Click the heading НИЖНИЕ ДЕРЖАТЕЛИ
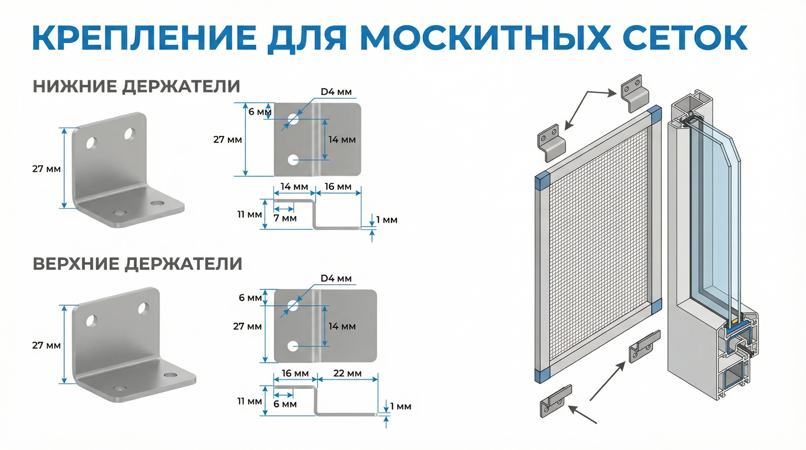pyautogui.click(x=136, y=86)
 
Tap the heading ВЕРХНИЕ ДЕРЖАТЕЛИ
pyautogui.click(x=137, y=264)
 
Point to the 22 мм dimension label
pyautogui.click(x=347, y=373)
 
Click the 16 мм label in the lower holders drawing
pyautogui.click(x=338, y=187)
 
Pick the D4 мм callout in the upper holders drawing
pyautogui.click(x=336, y=278)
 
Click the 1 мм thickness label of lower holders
pyautogui.click(x=387, y=220)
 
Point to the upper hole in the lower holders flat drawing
pyautogui.click(x=293, y=119)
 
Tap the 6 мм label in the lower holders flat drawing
pyautogui.click(x=260, y=112)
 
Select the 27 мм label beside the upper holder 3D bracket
pyautogui.click(x=46, y=345)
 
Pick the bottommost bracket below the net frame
pyautogui.click(x=556, y=401)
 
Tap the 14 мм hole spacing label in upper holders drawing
pyautogui.click(x=342, y=326)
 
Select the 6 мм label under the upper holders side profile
pyautogui.click(x=285, y=404)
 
